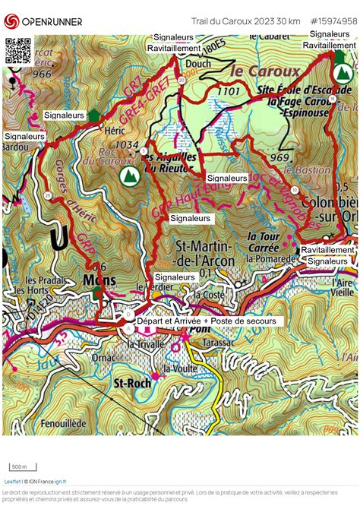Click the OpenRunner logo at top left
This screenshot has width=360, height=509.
tap(43, 21)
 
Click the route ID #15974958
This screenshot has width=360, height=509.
tap(333, 21)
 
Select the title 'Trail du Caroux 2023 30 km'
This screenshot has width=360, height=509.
tap(245, 21)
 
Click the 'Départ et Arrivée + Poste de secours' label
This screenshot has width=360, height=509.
tap(210, 321)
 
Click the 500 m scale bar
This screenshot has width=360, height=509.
tap(19, 466)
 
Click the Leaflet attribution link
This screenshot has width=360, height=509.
tap(12, 481)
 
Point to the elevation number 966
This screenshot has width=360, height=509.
tap(42, 74)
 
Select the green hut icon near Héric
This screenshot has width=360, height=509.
tap(93, 115)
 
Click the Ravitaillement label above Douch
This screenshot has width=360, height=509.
tap(174, 48)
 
